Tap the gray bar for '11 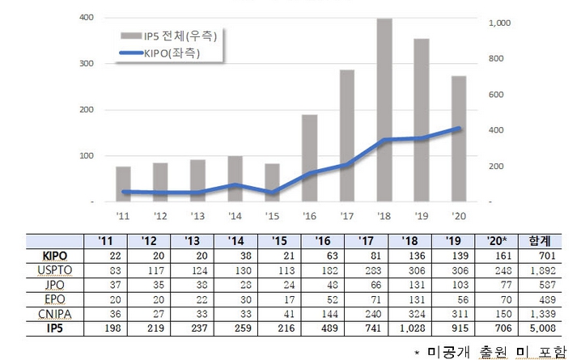tap(123, 184)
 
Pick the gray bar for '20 tap(458, 138)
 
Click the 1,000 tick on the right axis tap(501, 23)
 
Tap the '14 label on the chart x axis tap(235, 215)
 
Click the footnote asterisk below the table tap(417, 352)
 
